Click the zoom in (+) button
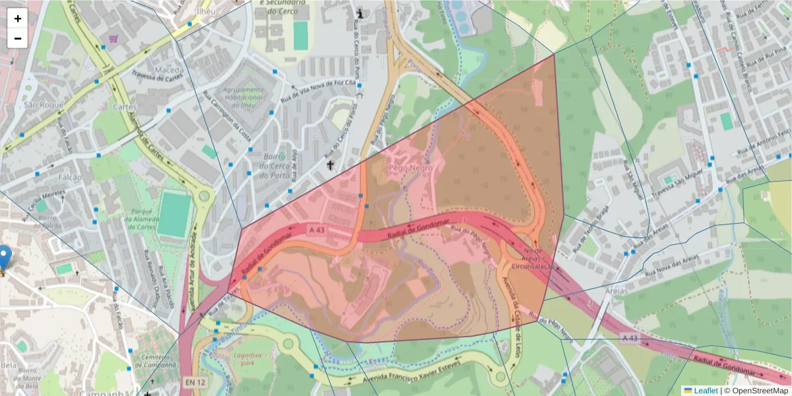(18, 18)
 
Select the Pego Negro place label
(411, 168)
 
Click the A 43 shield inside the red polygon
(316, 229)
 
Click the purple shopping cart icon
(114, 38)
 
